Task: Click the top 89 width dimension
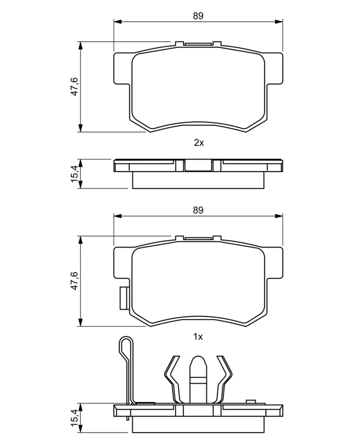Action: point(198,16)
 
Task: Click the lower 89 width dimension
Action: point(198,210)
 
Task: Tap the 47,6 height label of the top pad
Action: point(75,86)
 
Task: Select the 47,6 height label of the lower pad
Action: point(75,280)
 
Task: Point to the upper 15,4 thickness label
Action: point(75,174)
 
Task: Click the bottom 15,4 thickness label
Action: point(75,418)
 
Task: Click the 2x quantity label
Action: point(199,143)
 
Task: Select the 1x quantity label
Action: point(198,337)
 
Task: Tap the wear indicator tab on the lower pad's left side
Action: point(124,298)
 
